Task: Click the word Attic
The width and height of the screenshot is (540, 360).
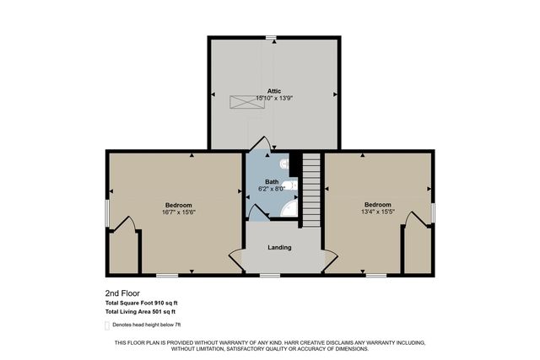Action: [274, 91]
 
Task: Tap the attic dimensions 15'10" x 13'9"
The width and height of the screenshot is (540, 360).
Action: [274, 99]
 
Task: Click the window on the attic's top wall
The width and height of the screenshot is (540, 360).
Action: [270, 37]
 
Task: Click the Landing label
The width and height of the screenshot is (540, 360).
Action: [279, 247]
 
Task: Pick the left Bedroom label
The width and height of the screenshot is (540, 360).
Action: [178, 206]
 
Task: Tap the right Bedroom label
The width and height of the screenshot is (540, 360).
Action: [377, 205]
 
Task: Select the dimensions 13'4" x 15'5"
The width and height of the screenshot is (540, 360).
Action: [377, 212]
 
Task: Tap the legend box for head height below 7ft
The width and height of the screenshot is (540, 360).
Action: [107, 325]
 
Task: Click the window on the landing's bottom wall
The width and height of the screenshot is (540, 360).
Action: [270, 275]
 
